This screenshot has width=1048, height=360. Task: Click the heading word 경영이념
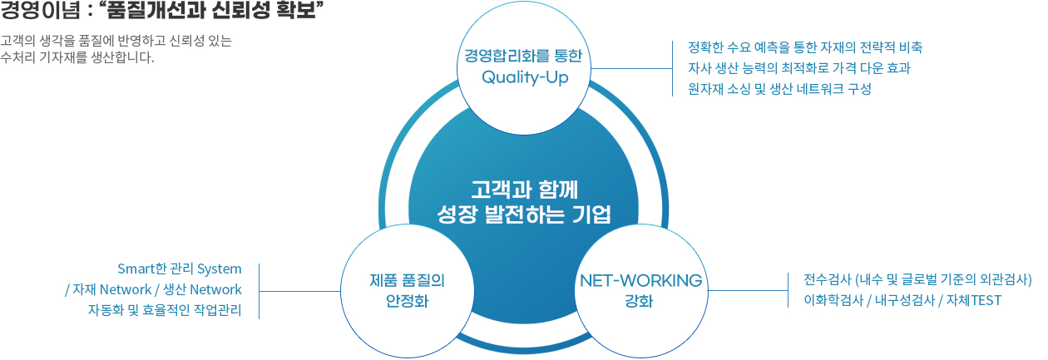[x=41, y=10]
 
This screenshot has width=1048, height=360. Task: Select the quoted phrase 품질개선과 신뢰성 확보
[x=212, y=10]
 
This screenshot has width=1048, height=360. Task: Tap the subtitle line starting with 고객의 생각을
[x=116, y=41]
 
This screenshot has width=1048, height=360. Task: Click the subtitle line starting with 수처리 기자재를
[x=77, y=57]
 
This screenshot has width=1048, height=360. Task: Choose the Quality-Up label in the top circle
[x=525, y=77]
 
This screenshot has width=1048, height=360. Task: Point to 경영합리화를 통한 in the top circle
[x=523, y=56]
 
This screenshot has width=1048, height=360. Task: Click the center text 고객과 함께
[x=524, y=190]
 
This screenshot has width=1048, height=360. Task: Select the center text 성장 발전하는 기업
[x=524, y=215]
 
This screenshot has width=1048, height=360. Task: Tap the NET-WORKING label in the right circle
[x=641, y=280]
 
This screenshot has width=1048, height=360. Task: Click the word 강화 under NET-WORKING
[x=639, y=301]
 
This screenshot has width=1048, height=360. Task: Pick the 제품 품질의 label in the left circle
[x=407, y=280]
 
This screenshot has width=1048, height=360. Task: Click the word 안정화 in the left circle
[x=407, y=301]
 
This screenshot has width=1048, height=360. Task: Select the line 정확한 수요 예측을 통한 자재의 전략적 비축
[x=805, y=47]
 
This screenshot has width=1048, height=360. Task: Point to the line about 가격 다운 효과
[x=799, y=68]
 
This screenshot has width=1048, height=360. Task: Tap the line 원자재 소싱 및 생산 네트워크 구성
[x=779, y=89]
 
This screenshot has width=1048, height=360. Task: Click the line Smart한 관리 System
[x=180, y=269]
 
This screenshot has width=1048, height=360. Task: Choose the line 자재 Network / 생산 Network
[x=153, y=290]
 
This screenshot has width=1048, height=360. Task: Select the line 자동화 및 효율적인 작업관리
[x=165, y=310]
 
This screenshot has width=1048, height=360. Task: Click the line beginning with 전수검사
[x=918, y=279]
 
